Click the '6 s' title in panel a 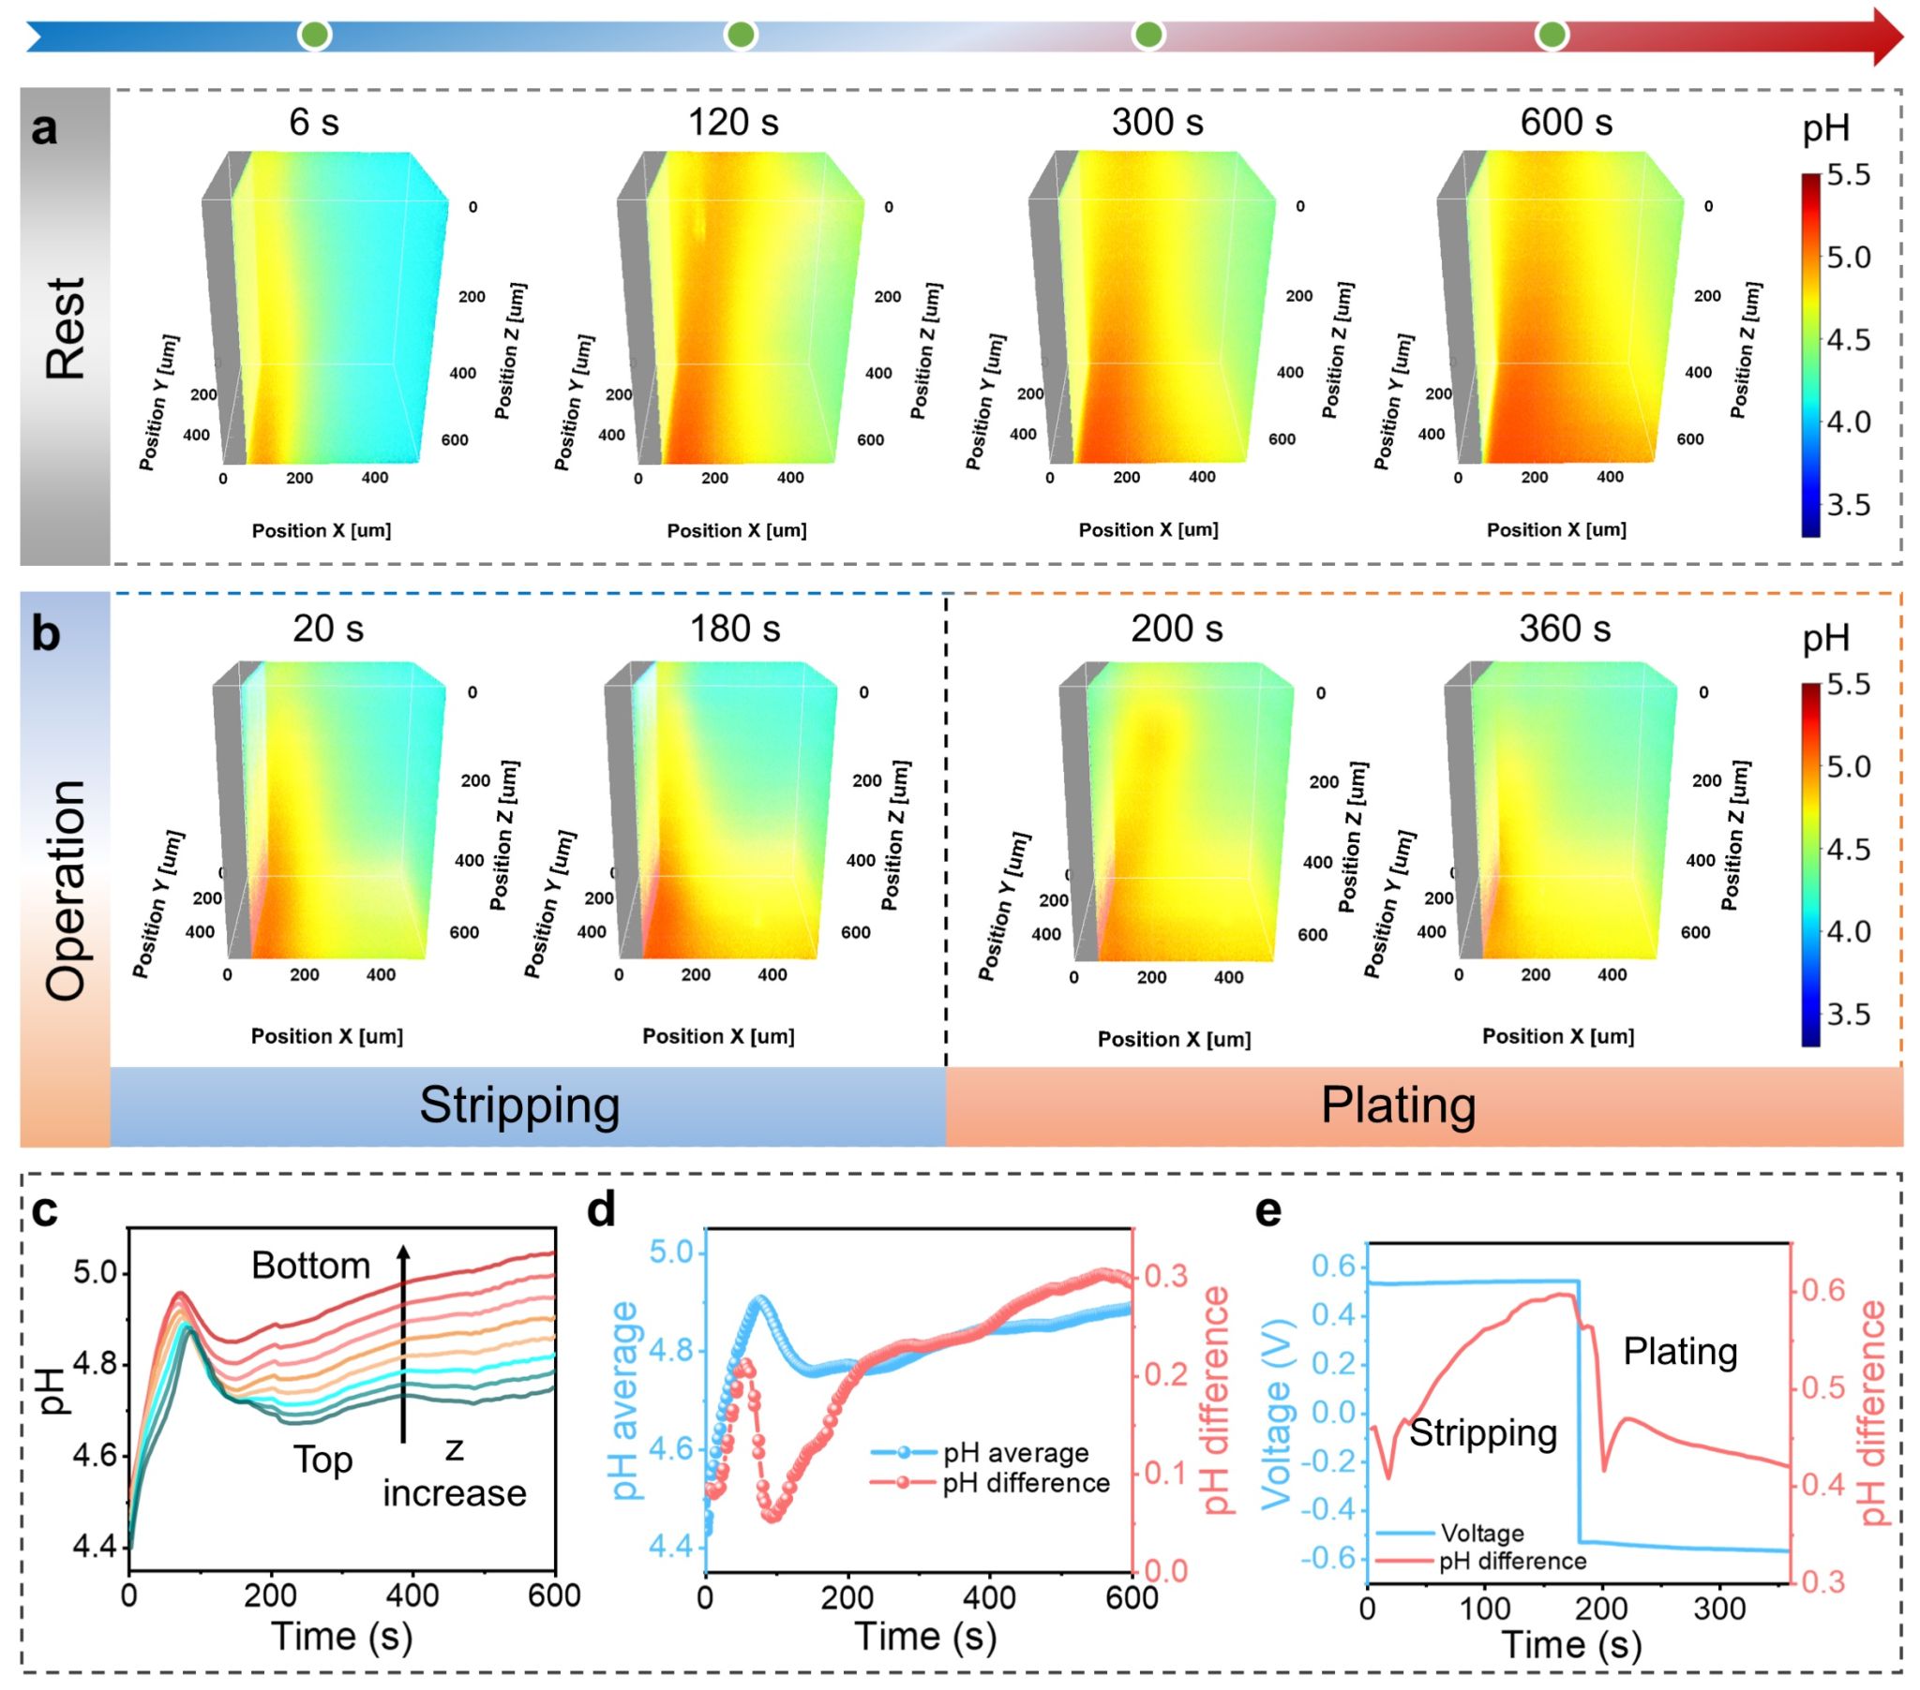pyautogui.click(x=314, y=122)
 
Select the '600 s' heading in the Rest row pyautogui.click(x=1566, y=122)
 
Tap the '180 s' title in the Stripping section pyautogui.click(x=735, y=628)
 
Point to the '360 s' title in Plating pyautogui.click(x=1565, y=628)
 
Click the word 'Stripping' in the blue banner pyautogui.click(x=519, y=1105)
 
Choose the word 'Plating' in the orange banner pyautogui.click(x=1398, y=1105)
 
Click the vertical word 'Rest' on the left pyautogui.click(x=66, y=328)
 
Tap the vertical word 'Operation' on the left pyautogui.click(x=66, y=890)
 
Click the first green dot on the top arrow pyautogui.click(x=315, y=36)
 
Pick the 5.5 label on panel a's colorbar pyautogui.click(x=1848, y=175)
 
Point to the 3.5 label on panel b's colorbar pyautogui.click(x=1848, y=1015)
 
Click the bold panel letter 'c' pyautogui.click(x=44, y=1211)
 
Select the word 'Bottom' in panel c pyautogui.click(x=310, y=1266)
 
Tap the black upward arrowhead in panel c pyautogui.click(x=403, y=1253)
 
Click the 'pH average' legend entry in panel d pyautogui.click(x=1015, y=1452)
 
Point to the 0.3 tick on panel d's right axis pyautogui.click(x=1164, y=1276)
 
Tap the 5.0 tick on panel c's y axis pyautogui.click(x=94, y=1274)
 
